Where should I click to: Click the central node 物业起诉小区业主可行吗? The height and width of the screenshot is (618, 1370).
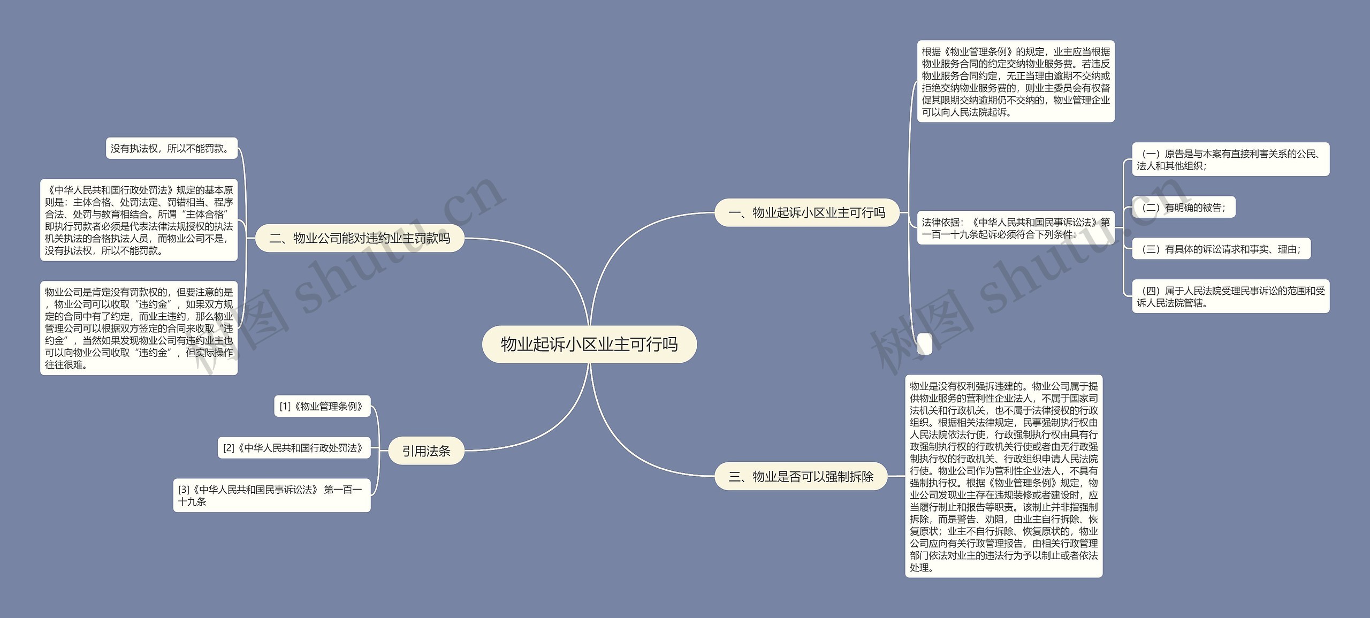coord(589,344)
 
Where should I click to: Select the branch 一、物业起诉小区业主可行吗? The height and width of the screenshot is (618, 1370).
coord(806,212)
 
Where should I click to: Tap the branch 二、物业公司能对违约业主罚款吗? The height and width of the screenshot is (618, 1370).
coord(359,238)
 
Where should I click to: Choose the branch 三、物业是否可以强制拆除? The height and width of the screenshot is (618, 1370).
coord(801,476)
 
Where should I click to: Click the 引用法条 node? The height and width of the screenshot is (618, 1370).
coord(426,451)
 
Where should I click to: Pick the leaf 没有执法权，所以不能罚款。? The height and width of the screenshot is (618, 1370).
coord(171,148)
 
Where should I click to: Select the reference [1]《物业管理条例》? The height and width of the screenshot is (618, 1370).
coord(322,406)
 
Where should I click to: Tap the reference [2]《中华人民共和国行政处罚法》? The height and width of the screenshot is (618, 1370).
coord(294,448)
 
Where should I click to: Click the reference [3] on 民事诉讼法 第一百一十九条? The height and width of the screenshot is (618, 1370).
coord(271,495)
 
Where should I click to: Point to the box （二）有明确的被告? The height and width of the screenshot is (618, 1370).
coord(1183,207)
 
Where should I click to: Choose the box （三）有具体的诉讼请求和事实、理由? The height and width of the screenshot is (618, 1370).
coord(1221,249)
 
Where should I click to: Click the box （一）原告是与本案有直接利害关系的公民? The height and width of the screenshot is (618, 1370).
coord(1230,159)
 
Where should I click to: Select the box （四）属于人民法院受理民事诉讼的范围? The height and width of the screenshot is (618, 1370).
coord(1230,296)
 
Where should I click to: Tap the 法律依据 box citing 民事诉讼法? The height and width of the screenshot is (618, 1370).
coord(1015,228)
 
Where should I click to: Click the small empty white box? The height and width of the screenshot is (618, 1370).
coord(924,344)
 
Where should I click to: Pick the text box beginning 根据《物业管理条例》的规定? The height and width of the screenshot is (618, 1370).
coord(1015,81)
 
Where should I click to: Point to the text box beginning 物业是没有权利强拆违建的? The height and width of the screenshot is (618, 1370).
coord(1003,476)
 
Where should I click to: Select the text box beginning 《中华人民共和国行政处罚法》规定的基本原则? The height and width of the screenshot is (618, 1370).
coord(139,220)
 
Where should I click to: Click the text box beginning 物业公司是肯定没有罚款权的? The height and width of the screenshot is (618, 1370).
coord(139,328)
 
